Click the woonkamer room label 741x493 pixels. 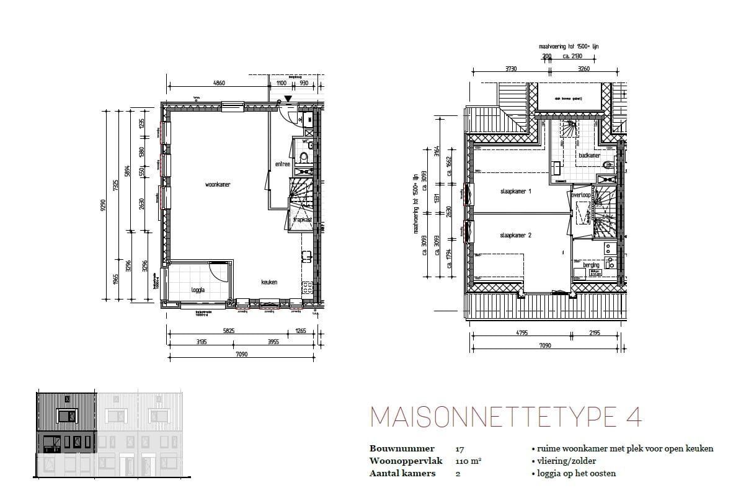tap(218, 185)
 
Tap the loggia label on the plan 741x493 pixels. tap(198, 289)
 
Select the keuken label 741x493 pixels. tap(269, 282)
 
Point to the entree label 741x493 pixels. tap(282, 164)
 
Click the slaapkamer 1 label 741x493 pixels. tap(516, 192)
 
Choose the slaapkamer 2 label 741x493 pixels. tap(516, 236)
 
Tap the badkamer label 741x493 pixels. tap(589, 156)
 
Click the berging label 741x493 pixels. tap(591, 265)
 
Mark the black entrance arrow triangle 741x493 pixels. tap(288, 99)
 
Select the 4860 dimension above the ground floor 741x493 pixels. tap(218, 82)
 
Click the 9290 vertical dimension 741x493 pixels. tap(104, 204)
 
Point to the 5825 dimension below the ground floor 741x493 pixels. tap(229, 331)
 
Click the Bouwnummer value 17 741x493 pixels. tap(459, 448)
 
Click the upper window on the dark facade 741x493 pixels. tap(66, 415)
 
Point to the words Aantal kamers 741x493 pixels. tap(402, 473)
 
